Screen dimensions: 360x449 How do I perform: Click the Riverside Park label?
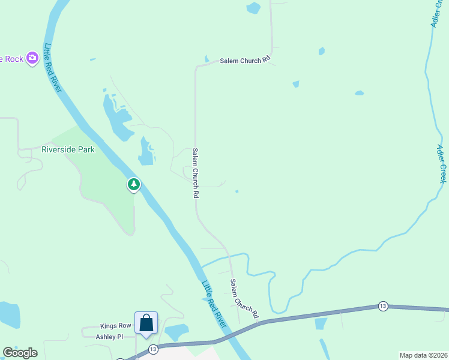[68, 149]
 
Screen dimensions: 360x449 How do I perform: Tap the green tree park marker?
[134, 184]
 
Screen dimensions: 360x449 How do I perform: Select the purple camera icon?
[32, 59]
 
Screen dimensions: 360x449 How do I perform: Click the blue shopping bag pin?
[146, 323]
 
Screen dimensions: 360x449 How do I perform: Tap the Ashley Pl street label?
[109, 337]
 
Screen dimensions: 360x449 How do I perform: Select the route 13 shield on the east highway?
[383, 307]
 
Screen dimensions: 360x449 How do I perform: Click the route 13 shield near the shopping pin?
[153, 349]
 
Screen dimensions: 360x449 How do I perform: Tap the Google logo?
[20, 353]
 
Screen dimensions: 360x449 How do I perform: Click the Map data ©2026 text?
[424, 355]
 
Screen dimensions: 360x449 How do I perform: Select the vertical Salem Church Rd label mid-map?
[195, 173]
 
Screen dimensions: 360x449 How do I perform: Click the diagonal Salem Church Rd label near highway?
[244, 298]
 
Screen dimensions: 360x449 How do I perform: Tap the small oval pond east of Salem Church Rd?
[359, 93]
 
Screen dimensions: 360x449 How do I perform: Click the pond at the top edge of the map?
[253, 8]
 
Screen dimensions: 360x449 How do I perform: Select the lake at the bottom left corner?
[8, 314]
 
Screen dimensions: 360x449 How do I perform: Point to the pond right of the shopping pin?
[176, 332]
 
